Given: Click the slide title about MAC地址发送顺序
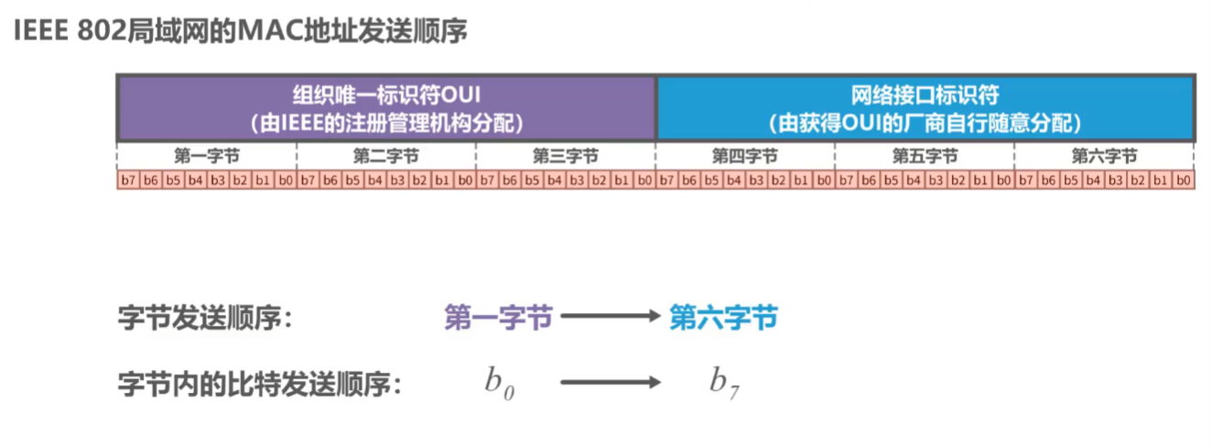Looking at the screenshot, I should pyautogui.click(x=241, y=31).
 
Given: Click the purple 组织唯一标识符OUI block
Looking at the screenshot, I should pyautogui.click(x=386, y=107).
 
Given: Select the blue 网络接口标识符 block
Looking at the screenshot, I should pyautogui.click(x=925, y=107).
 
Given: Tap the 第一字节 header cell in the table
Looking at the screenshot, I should pyautogui.click(x=207, y=156).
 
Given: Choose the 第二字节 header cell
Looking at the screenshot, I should pyautogui.click(x=386, y=156).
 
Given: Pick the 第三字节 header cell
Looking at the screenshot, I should pyautogui.click(x=566, y=156).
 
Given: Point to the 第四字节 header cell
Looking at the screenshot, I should pyautogui.click(x=745, y=156).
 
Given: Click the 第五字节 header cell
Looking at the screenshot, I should pyautogui.click(x=925, y=156).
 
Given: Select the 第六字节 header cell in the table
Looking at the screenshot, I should pyautogui.click(x=1104, y=156).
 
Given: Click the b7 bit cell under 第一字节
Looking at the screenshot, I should pyautogui.click(x=129, y=180).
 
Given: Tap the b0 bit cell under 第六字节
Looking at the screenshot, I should pyautogui.click(x=1183, y=180).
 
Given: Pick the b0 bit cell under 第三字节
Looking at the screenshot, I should pyautogui.click(x=644, y=180).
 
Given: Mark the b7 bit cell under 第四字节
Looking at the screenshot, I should pyautogui.click(x=667, y=180).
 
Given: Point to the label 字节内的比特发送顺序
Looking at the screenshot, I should pyautogui.click(x=261, y=383).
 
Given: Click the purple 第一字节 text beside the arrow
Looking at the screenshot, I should pyautogui.click(x=498, y=318).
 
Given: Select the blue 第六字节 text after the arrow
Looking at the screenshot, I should pyautogui.click(x=723, y=318).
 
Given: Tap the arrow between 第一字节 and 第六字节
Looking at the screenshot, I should pyautogui.click(x=610, y=318).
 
